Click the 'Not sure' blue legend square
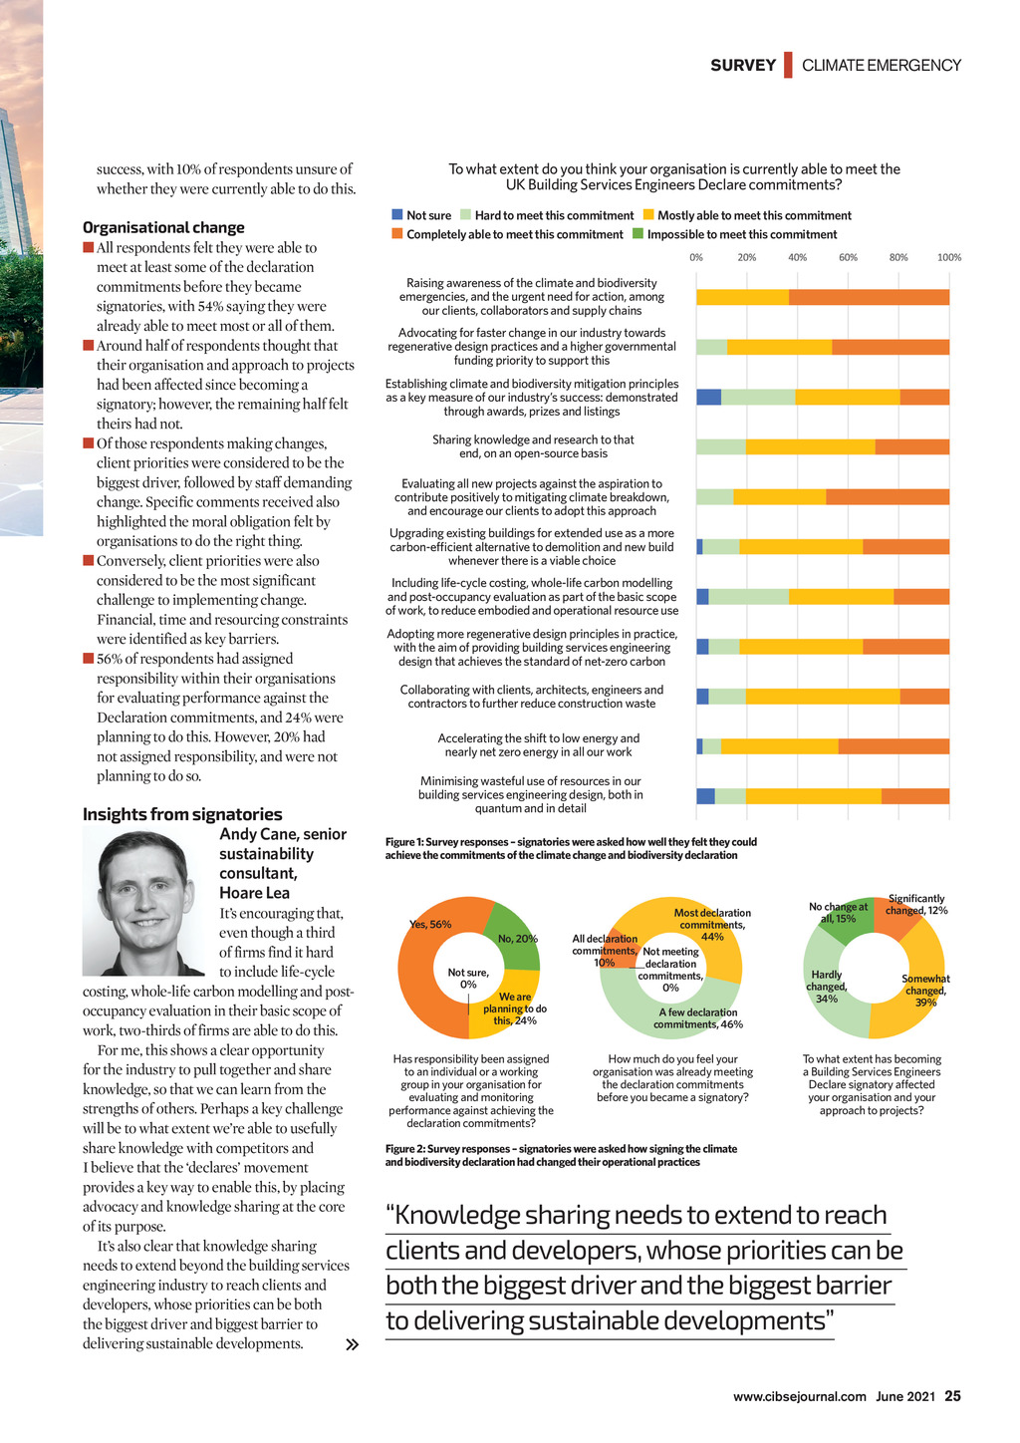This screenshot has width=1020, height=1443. pos(397,215)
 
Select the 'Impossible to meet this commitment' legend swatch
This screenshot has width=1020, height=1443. pos(638,234)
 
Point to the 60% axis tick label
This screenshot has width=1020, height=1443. pos(848,257)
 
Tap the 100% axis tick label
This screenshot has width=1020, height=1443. pos(949,257)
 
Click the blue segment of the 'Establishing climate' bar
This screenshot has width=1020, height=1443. pos(708,397)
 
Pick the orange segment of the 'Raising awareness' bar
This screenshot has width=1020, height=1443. pos(869,297)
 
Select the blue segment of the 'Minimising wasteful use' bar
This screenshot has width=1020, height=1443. pos(705,796)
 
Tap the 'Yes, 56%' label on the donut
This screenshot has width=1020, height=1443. pos(430,924)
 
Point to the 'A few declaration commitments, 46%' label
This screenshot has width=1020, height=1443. pos(698,1017)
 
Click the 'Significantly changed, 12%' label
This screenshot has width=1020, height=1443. pos(916,904)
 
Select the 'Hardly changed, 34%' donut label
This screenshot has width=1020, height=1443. pos(827,987)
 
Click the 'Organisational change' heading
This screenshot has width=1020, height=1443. pos(163,227)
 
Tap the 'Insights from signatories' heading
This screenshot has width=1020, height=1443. pos(182,814)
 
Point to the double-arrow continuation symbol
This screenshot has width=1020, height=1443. pos(351,1344)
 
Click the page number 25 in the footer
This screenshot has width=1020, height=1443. pos(952,1396)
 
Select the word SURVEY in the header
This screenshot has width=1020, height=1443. pos(743,66)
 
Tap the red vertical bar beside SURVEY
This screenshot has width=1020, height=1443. pos(788,65)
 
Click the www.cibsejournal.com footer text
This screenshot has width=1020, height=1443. pos(799,1396)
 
